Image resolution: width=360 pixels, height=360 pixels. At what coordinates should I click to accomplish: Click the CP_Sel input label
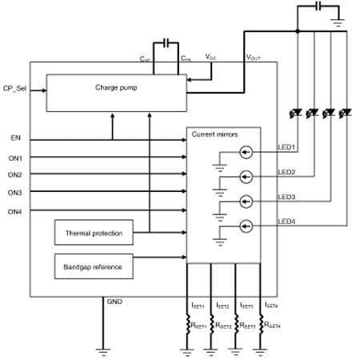(x=17, y=87)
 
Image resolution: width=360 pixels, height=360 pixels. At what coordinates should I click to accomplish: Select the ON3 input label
(x=14, y=193)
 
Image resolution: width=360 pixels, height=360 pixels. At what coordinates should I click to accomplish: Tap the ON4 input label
(x=14, y=211)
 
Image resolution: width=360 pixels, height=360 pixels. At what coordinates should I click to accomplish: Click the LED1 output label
(x=287, y=146)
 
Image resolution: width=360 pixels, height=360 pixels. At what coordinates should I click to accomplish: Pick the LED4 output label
(x=287, y=221)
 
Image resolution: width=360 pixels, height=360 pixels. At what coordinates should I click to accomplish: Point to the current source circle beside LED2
(x=247, y=176)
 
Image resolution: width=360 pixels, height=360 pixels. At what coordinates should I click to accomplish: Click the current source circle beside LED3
(x=247, y=201)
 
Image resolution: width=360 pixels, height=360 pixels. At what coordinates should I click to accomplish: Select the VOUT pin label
(x=253, y=58)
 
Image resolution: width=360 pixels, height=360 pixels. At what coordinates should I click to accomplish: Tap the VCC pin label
(x=210, y=58)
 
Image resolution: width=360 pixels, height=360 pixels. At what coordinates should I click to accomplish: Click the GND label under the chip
(x=114, y=302)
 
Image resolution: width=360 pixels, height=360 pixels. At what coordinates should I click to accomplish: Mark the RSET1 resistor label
(x=198, y=326)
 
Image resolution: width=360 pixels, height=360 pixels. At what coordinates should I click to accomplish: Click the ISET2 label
(x=222, y=306)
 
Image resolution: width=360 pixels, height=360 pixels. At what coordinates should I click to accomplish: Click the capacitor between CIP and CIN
(x=166, y=42)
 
